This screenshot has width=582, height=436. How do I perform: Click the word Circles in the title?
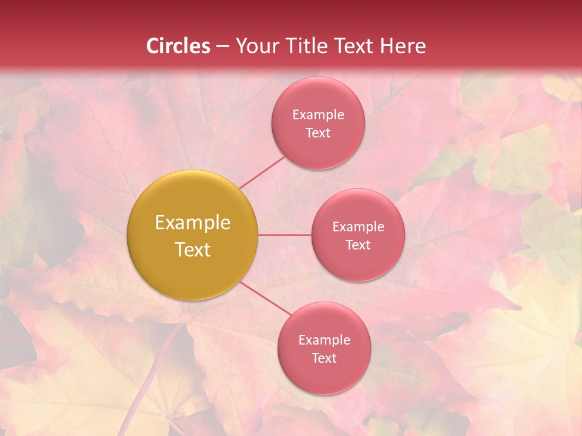point(178,46)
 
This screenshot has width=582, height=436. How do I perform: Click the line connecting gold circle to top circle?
point(262,173)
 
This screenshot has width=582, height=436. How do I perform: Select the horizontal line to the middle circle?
point(284,235)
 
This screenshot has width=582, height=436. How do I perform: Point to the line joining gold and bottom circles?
point(265,299)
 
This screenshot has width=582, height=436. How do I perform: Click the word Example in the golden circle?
point(192,223)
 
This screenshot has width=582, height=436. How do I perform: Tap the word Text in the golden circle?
point(192,249)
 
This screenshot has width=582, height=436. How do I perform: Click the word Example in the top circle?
point(318,115)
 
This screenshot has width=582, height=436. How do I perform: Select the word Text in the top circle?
point(318,133)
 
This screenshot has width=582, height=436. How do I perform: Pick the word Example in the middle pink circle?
point(358,227)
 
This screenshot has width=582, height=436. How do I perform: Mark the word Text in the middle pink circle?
point(358,245)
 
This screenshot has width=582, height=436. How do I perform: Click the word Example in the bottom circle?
point(324,340)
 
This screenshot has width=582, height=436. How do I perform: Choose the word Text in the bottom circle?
point(324,358)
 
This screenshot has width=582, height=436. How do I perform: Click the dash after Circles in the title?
point(222,47)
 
